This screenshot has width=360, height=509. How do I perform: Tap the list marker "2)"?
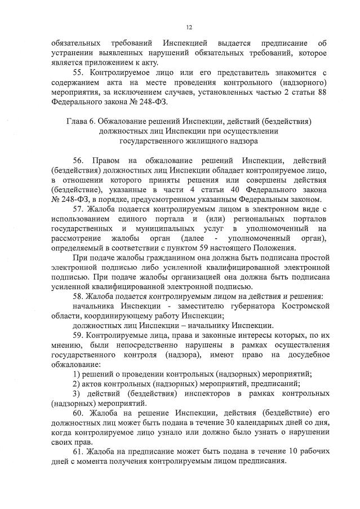tap(78, 384)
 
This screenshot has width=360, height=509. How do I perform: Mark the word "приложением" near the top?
tap(110, 63)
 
